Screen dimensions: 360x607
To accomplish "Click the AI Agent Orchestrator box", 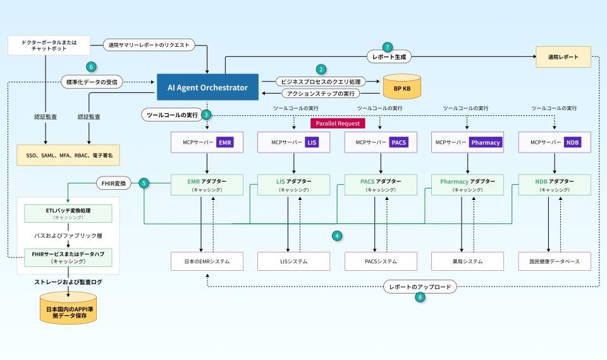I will pyautogui.click(x=207, y=87).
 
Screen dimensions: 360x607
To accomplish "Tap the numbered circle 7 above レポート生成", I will pyautogui.click(x=388, y=47).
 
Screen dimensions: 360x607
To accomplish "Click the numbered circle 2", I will pyautogui.click(x=321, y=69).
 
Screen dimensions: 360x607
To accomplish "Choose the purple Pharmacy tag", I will pyautogui.click(x=485, y=142).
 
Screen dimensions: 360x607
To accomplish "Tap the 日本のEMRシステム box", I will pyautogui.click(x=207, y=261).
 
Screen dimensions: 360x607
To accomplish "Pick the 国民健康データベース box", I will pyautogui.click(x=555, y=261).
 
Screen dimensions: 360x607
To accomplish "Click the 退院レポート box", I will pyautogui.click(x=563, y=57).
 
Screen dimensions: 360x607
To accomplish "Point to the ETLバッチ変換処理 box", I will pyautogui.click(x=68, y=213).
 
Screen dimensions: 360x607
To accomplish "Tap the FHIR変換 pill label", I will pyautogui.click(x=115, y=183).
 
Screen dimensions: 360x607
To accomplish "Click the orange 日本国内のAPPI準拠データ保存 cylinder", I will pyautogui.click(x=68, y=309).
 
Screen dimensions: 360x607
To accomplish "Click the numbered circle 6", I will pyautogui.click(x=92, y=66).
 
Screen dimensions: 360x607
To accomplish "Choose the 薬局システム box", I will pyautogui.click(x=467, y=261).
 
